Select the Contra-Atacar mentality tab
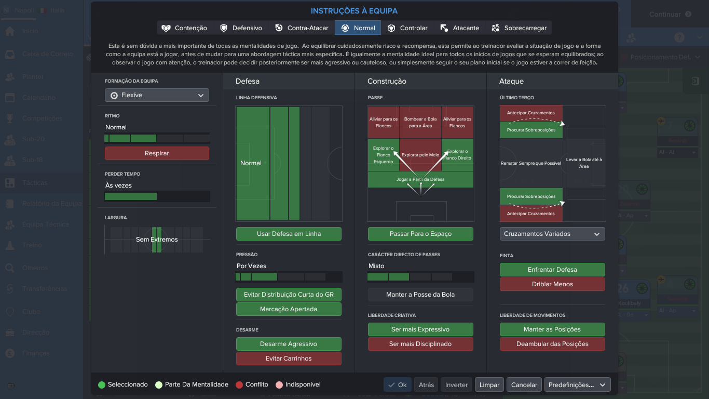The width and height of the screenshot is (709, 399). [302, 28]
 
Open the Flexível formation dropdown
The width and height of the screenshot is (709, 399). [157, 95]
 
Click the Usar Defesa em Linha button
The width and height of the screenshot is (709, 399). [289, 234]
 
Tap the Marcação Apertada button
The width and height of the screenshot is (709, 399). [289, 309]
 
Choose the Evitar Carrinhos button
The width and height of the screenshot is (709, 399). [289, 358]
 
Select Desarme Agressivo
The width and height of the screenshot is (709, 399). [289, 344]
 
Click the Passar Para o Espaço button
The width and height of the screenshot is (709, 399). [420, 234]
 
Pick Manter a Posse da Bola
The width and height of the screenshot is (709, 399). [420, 295]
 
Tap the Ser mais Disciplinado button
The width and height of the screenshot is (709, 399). [420, 344]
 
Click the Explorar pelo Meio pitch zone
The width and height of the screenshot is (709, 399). [420, 155]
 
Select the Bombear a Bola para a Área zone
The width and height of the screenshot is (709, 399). [420, 122]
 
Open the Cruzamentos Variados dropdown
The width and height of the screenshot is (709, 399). [552, 234]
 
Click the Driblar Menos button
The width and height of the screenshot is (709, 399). [552, 284]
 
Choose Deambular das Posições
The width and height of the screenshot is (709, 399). [552, 344]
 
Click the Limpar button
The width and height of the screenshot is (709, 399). [489, 385]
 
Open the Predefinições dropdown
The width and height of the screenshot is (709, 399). [577, 385]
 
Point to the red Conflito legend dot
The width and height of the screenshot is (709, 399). [239, 385]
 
